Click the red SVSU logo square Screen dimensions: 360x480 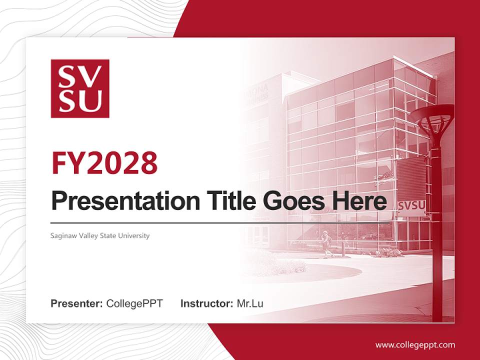[80, 88]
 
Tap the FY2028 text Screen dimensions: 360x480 [104, 162]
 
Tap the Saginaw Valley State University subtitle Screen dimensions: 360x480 [100, 235]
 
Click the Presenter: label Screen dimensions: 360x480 [77, 303]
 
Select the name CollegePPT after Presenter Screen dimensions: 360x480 [134, 303]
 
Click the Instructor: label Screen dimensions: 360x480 [206, 303]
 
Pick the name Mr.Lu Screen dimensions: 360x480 [250, 303]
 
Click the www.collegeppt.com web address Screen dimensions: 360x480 [415, 345]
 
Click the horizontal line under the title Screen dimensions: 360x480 [215, 222]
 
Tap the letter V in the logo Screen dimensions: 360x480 [93, 76]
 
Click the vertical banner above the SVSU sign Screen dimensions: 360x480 [411, 179]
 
